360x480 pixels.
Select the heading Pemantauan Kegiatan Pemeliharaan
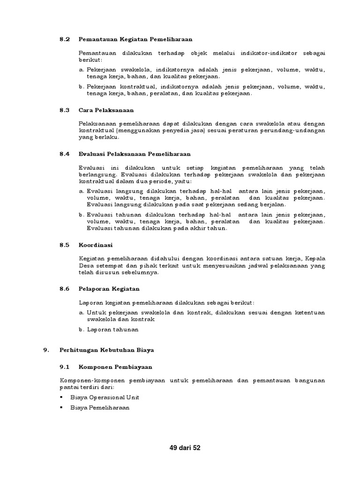click(135, 39)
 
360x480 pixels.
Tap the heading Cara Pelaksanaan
click(106, 110)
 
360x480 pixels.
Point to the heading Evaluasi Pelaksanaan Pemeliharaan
click(135, 154)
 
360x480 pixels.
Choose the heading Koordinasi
click(96, 245)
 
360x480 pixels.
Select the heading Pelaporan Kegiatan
click(109, 289)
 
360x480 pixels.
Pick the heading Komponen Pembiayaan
click(112, 367)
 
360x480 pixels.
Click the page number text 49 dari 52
click(185, 448)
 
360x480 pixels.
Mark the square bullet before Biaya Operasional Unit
click(62, 397)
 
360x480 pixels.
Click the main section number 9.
click(45, 350)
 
